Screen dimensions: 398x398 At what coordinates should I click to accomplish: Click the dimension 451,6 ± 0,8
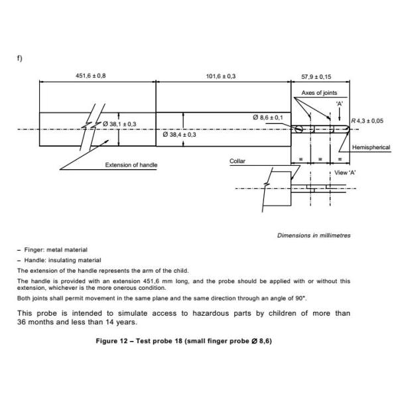click(x=90, y=76)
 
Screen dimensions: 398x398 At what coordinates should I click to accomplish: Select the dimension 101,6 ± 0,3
click(x=224, y=76)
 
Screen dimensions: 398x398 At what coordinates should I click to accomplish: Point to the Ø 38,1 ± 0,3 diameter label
click(x=120, y=124)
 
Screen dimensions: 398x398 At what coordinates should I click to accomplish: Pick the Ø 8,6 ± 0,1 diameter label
click(x=268, y=117)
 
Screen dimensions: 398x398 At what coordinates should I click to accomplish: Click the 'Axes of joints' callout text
click(x=320, y=94)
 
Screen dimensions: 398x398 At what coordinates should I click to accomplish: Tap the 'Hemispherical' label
click(x=371, y=147)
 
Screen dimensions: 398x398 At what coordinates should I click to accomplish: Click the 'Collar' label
click(x=237, y=161)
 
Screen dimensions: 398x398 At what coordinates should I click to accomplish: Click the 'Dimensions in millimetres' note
click(x=314, y=235)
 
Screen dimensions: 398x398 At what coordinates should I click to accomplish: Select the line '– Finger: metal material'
click(x=52, y=249)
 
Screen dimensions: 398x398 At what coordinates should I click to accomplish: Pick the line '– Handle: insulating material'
click(x=58, y=260)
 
